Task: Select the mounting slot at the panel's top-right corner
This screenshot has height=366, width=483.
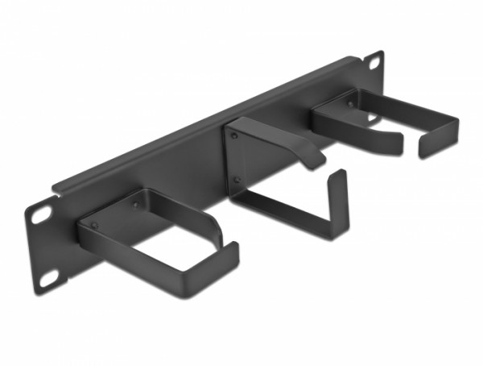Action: [375, 61]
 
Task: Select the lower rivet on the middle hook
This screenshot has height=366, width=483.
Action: [237, 180]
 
